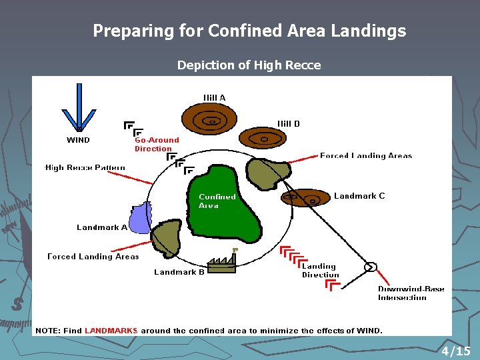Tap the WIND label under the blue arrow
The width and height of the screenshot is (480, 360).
click(78, 140)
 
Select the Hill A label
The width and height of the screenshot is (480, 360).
click(214, 97)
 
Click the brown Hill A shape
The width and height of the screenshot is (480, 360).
click(210, 121)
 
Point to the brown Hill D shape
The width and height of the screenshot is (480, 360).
click(263, 139)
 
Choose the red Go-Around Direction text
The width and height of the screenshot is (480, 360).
click(157, 144)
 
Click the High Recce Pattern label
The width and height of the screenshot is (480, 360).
click(85, 167)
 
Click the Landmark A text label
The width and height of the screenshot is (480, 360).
click(102, 227)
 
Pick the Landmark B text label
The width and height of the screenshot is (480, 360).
click(179, 272)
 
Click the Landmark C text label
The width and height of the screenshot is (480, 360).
click(359, 196)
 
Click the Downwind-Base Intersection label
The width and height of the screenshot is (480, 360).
click(411, 293)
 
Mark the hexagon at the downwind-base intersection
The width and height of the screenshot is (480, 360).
click(370, 267)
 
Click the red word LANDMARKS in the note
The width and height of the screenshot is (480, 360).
click(111, 331)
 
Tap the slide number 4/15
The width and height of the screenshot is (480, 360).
click(455, 351)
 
